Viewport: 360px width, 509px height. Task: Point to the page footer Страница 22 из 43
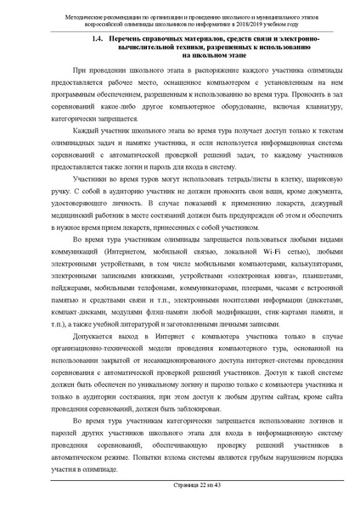pos(180,484)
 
